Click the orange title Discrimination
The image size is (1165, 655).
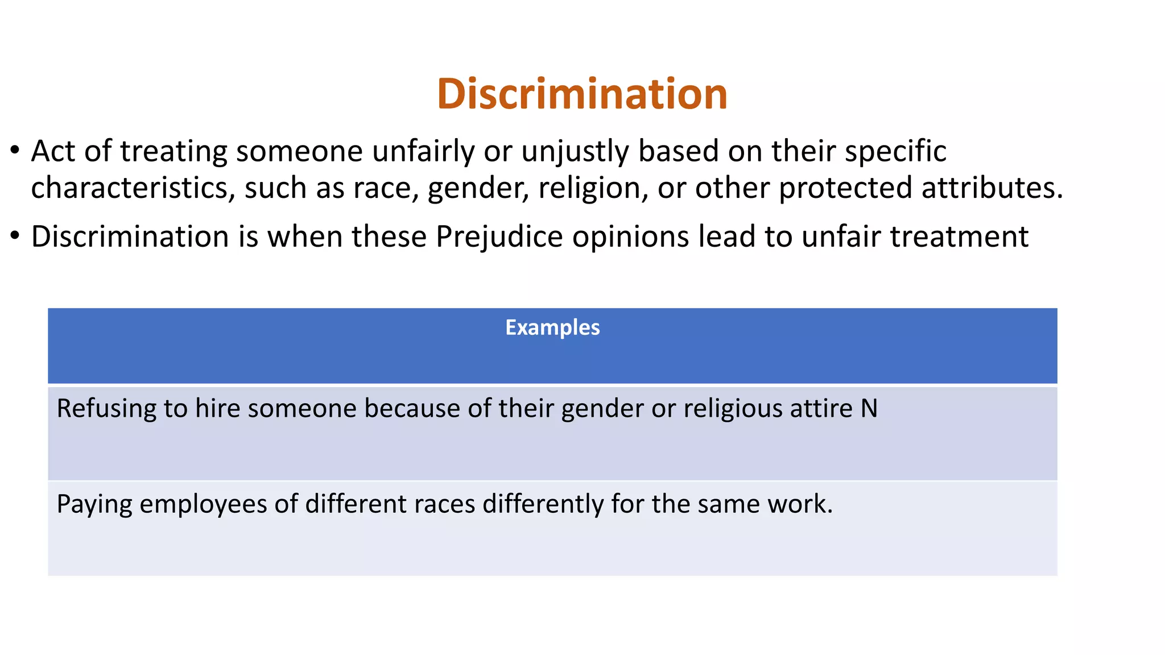tap(582, 94)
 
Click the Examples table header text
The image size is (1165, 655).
tap(552, 327)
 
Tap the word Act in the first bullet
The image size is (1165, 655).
tap(53, 152)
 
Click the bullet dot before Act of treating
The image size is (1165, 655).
tap(15, 151)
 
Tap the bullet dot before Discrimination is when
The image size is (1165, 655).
tap(15, 236)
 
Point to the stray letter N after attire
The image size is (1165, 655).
tap(869, 409)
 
